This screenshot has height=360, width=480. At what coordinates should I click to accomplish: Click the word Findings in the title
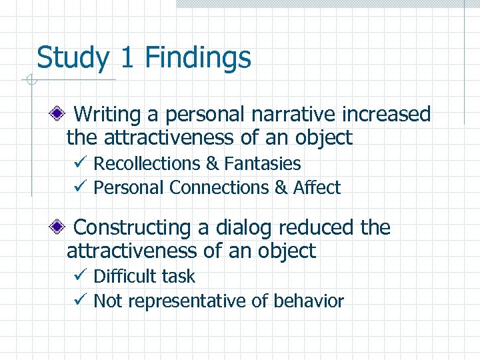click(x=197, y=58)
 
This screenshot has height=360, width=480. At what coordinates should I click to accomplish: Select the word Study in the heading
click(x=72, y=58)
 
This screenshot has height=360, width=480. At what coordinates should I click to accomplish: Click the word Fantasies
click(x=263, y=164)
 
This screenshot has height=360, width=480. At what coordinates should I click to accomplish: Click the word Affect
click(x=317, y=188)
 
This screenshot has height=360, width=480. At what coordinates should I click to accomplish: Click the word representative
click(x=187, y=301)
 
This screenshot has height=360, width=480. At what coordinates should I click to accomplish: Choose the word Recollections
click(x=147, y=164)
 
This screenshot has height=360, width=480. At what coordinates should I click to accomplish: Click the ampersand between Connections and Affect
click(x=281, y=188)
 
